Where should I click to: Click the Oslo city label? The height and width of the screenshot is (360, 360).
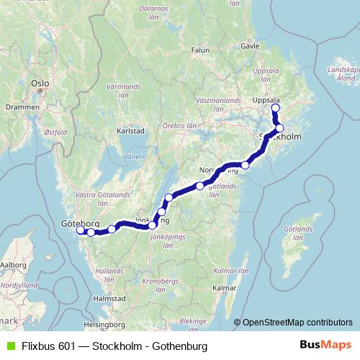(x=40, y=84)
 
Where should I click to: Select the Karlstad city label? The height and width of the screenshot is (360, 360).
(x=131, y=132)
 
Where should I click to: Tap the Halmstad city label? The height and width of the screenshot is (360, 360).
(x=110, y=297)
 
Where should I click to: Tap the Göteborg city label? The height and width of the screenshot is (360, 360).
(x=78, y=224)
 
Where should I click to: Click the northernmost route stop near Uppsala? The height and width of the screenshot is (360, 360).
(x=275, y=109)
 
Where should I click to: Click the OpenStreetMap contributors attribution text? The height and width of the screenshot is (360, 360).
(x=297, y=323)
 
